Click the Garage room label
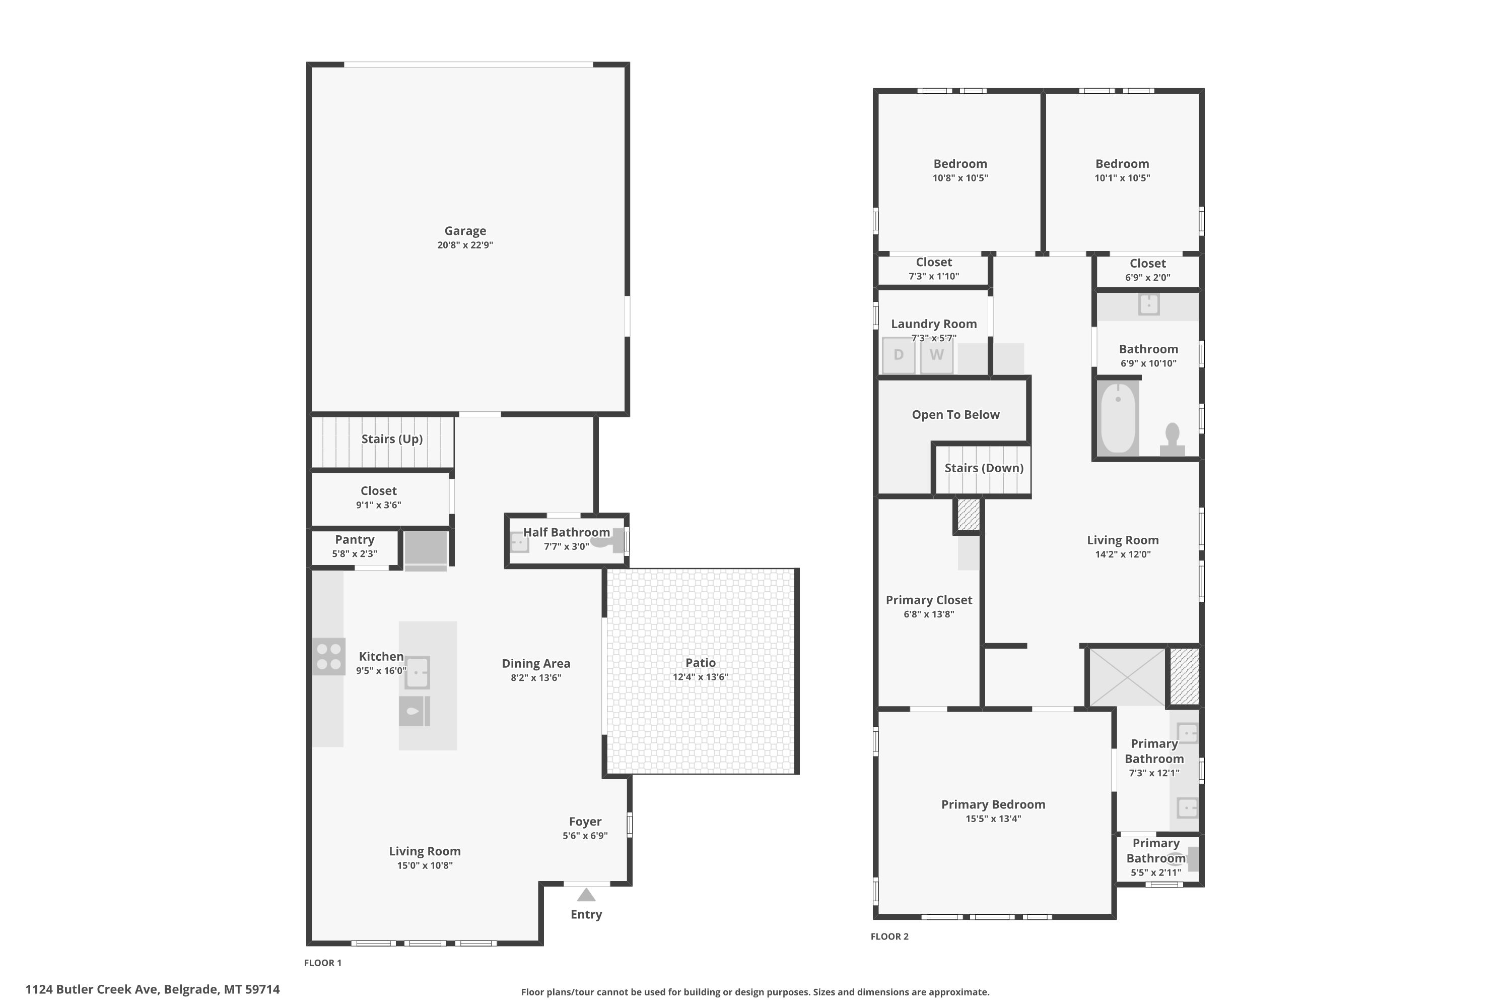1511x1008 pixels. [x=465, y=231]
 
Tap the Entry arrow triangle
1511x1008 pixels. [x=586, y=895]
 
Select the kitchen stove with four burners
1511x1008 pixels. [x=328, y=656]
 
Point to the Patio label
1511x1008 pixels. [x=700, y=663]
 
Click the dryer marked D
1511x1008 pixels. [x=898, y=355]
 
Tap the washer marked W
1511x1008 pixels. [x=936, y=355]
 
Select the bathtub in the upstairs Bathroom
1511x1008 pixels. [x=1118, y=418]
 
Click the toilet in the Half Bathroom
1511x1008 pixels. [x=607, y=541]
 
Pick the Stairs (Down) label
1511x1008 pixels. [x=984, y=468]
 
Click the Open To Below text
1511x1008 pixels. [x=955, y=415]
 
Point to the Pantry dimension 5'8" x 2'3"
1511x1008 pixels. [x=355, y=553]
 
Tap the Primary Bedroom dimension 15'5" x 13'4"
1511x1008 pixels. [x=993, y=818]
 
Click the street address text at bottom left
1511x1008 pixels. [x=153, y=989]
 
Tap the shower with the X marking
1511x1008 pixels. [x=1128, y=677]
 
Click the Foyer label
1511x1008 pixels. [x=585, y=822]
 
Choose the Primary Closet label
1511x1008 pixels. [x=929, y=600]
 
